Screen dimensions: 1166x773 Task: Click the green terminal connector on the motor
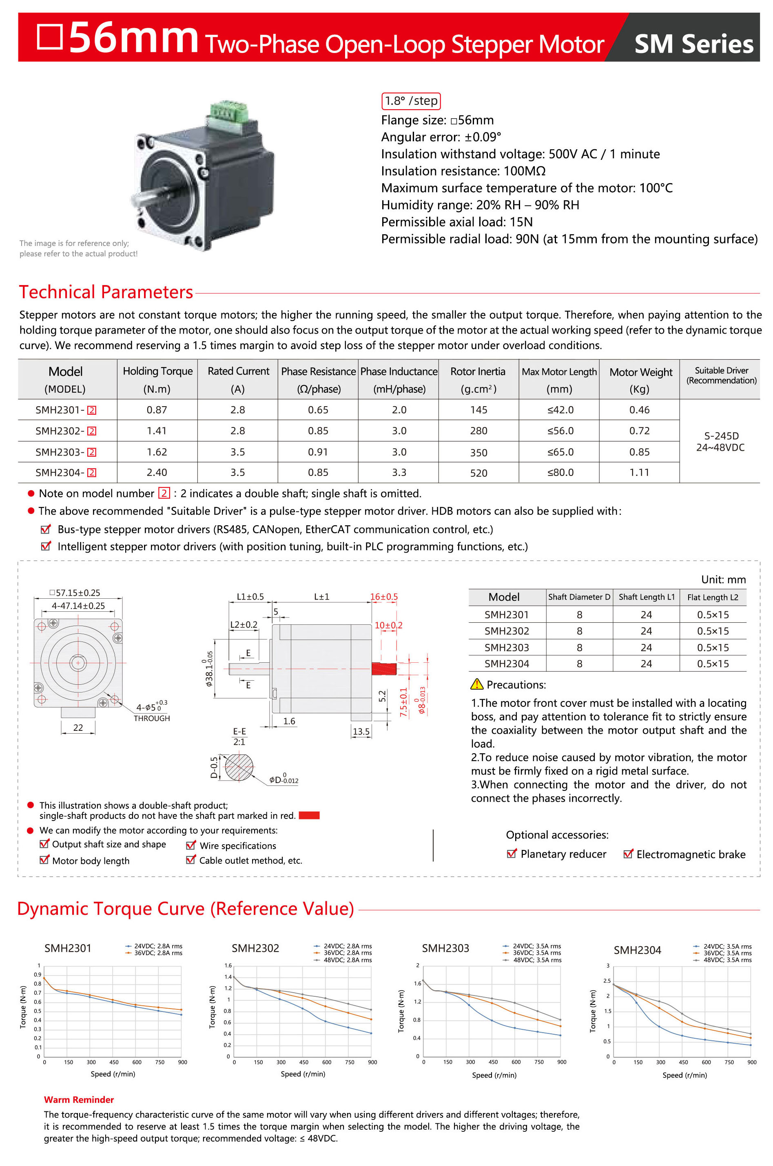click(x=228, y=113)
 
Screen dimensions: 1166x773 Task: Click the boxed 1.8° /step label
click(x=411, y=101)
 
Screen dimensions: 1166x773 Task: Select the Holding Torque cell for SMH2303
click(x=157, y=452)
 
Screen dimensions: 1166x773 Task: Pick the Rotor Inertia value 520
click(x=478, y=473)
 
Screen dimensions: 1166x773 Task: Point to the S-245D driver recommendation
click(x=721, y=436)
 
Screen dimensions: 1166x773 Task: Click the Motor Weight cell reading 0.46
click(x=639, y=410)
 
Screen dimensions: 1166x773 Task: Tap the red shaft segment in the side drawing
click(x=383, y=669)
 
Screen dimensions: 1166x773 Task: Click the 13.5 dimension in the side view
click(x=361, y=732)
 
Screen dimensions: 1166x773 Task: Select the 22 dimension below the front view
click(x=78, y=728)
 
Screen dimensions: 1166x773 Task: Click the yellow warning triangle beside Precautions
click(x=477, y=684)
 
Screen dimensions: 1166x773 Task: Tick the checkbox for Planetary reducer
click(x=512, y=854)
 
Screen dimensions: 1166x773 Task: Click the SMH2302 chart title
click(x=255, y=948)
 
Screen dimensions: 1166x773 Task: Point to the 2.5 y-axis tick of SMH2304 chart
click(x=607, y=981)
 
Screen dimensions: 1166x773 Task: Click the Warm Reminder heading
click(x=79, y=1100)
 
